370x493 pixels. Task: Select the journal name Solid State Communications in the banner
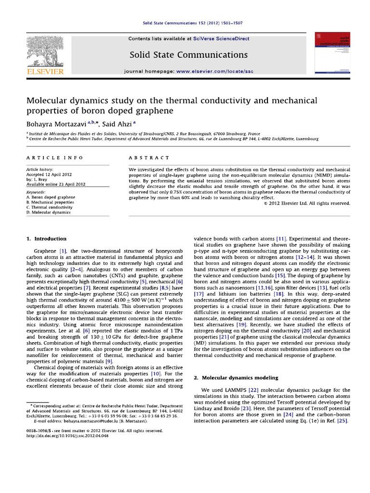coord(188,54)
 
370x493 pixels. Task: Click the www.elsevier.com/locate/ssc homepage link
coord(214,71)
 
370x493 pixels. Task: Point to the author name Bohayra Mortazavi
coord(56,124)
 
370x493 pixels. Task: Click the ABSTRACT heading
coord(149,158)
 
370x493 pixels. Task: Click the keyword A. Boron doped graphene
coord(51,197)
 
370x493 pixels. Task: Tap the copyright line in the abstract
coord(307,203)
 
